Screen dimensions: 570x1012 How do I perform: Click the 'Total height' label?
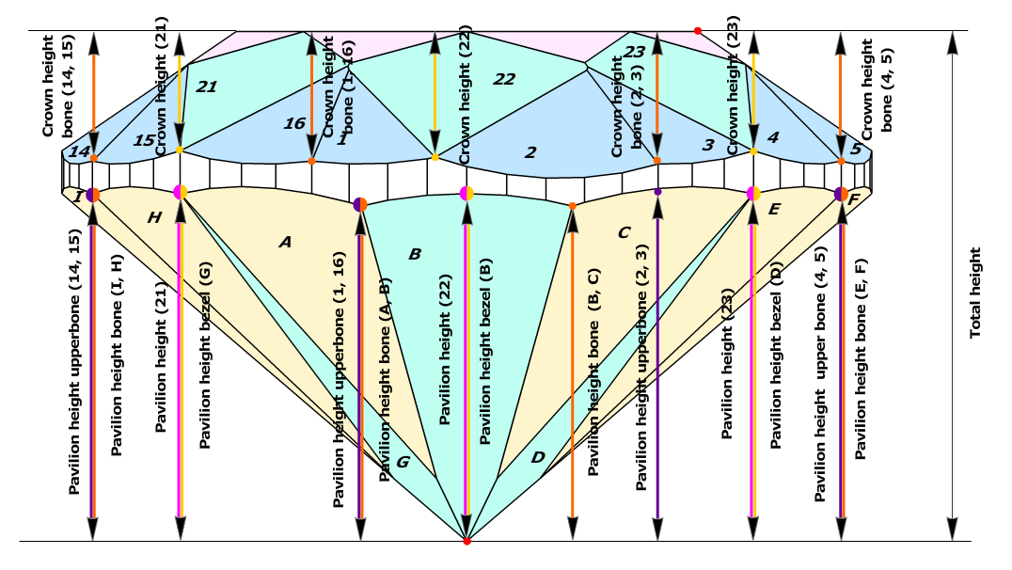(x=975, y=293)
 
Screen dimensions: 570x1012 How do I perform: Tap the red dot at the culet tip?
(x=466, y=541)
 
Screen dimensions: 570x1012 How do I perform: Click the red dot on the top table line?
(x=697, y=31)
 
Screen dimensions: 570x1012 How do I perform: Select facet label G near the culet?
(x=403, y=462)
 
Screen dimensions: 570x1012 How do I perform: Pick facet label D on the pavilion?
(x=538, y=457)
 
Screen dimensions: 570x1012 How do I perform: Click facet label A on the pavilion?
(x=285, y=242)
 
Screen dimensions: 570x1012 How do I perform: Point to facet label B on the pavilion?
(x=415, y=254)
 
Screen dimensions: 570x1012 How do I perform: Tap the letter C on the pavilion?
(x=624, y=231)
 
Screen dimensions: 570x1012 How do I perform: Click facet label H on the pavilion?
(x=155, y=217)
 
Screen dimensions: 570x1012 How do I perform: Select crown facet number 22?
(x=504, y=79)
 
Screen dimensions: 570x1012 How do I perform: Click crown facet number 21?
(x=207, y=87)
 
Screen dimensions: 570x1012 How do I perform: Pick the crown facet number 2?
(x=530, y=151)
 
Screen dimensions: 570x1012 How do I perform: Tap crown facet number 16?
(x=294, y=123)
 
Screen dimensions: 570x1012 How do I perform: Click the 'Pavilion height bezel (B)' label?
(x=485, y=351)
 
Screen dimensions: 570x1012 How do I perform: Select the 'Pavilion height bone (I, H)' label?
(x=117, y=356)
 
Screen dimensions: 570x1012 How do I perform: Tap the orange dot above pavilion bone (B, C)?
(x=572, y=205)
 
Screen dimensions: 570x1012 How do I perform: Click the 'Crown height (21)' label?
(x=161, y=86)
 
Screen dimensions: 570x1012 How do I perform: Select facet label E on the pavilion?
(x=774, y=209)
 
